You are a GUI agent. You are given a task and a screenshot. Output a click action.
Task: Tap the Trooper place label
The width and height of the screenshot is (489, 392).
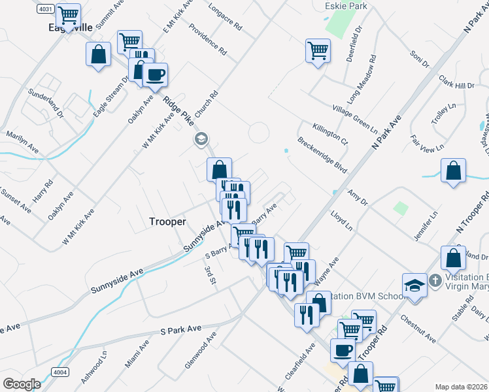click(167, 222)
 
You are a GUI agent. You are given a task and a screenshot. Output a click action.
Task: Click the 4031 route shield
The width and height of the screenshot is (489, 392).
click(45, 8)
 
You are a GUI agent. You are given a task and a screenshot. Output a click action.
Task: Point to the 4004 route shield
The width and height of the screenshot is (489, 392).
click(59, 371)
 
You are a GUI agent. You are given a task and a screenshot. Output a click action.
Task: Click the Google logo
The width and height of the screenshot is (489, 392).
click(22, 384)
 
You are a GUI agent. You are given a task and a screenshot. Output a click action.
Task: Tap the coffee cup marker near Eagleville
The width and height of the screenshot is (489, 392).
click(155, 75)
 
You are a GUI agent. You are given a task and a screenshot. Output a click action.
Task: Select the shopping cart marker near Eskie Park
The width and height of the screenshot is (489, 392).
click(318, 50)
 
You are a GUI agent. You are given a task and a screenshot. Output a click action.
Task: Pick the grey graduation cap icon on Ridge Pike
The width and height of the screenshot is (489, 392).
click(201, 139)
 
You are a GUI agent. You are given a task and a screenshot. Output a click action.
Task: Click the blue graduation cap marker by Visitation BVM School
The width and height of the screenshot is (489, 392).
click(414, 285)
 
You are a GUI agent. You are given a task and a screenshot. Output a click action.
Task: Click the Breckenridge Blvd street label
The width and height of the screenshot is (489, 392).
click(322, 155)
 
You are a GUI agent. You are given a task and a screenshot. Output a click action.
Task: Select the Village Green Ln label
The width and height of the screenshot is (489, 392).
click(355, 116)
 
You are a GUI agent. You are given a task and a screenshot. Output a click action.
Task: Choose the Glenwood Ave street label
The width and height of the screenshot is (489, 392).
click(200, 350)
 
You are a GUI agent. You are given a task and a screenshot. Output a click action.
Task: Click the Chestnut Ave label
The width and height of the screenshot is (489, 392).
click(418, 329)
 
